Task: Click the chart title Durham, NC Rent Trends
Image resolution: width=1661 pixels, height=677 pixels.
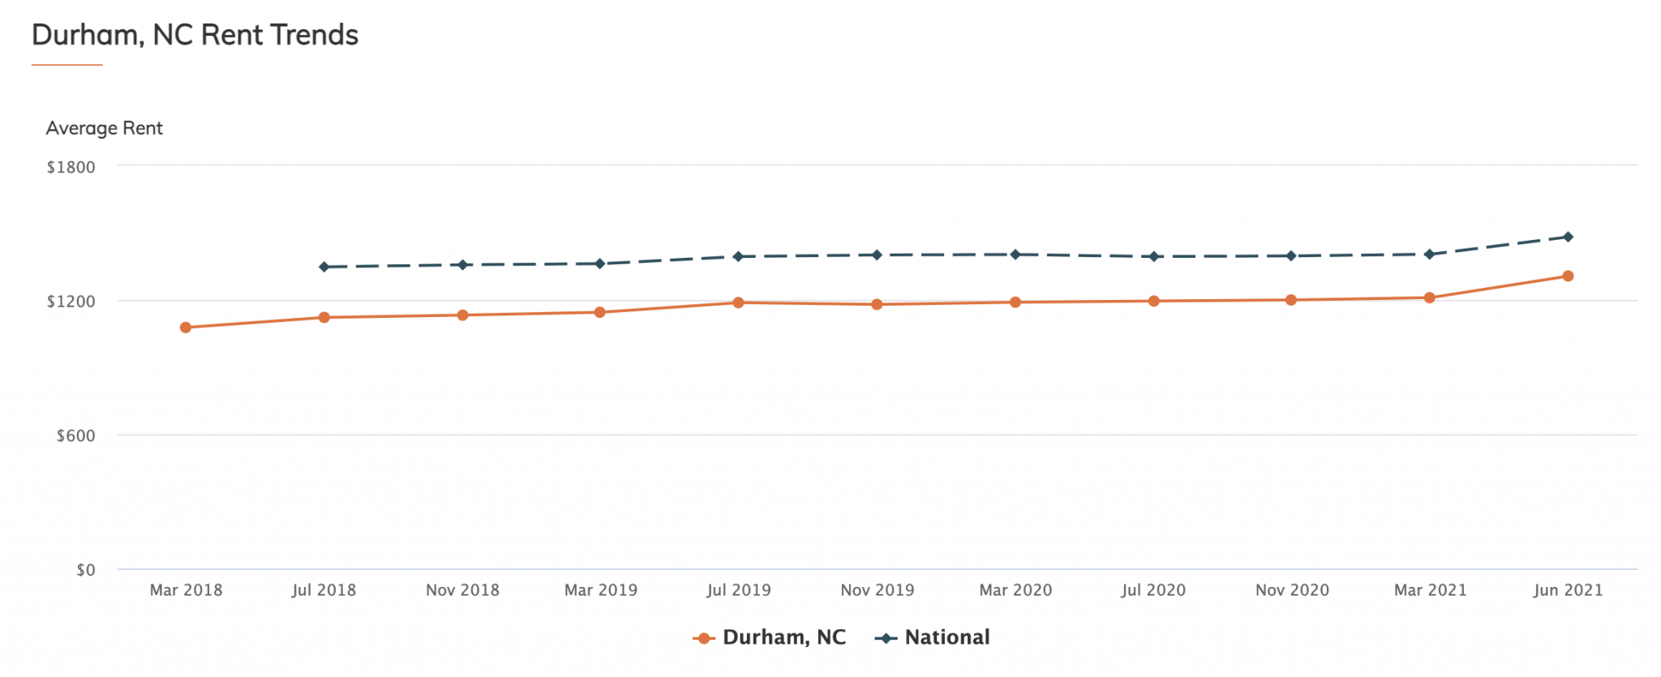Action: [x=195, y=35]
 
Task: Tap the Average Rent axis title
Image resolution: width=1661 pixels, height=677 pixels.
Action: [x=104, y=128]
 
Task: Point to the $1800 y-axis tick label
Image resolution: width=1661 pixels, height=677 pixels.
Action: [x=71, y=167]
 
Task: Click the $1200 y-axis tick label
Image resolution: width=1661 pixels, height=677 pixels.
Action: [x=71, y=302]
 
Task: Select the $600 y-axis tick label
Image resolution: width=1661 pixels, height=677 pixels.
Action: [x=75, y=436]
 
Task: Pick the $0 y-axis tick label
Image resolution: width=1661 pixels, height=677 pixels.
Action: [x=86, y=570]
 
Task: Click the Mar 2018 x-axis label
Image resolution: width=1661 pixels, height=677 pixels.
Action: [x=186, y=590]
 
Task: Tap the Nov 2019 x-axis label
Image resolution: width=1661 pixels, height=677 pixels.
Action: [x=877, y=590]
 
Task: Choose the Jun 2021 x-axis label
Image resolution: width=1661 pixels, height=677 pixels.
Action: [x=1568, y=590]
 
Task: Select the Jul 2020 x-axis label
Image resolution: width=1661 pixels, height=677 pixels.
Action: [x=1153, y=590]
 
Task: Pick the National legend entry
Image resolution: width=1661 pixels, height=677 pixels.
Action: [x=933, y=637]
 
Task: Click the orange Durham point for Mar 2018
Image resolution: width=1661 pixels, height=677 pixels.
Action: [x=186, y=328]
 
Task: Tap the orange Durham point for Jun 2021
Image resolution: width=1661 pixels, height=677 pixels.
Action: [x=1568, y=276]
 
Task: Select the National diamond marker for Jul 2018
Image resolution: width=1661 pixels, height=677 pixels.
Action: [x=324, y=267]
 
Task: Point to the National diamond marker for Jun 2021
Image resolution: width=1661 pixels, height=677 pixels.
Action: [x=1568, y=237]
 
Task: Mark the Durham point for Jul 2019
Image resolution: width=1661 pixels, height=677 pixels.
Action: [x=738, y=302]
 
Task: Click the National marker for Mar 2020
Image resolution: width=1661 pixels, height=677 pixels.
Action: [x=1015, y=255]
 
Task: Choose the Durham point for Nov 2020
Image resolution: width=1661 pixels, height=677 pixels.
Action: [x=1291, y=300]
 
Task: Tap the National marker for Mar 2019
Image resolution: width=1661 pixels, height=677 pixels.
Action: [x=600, y=264]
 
